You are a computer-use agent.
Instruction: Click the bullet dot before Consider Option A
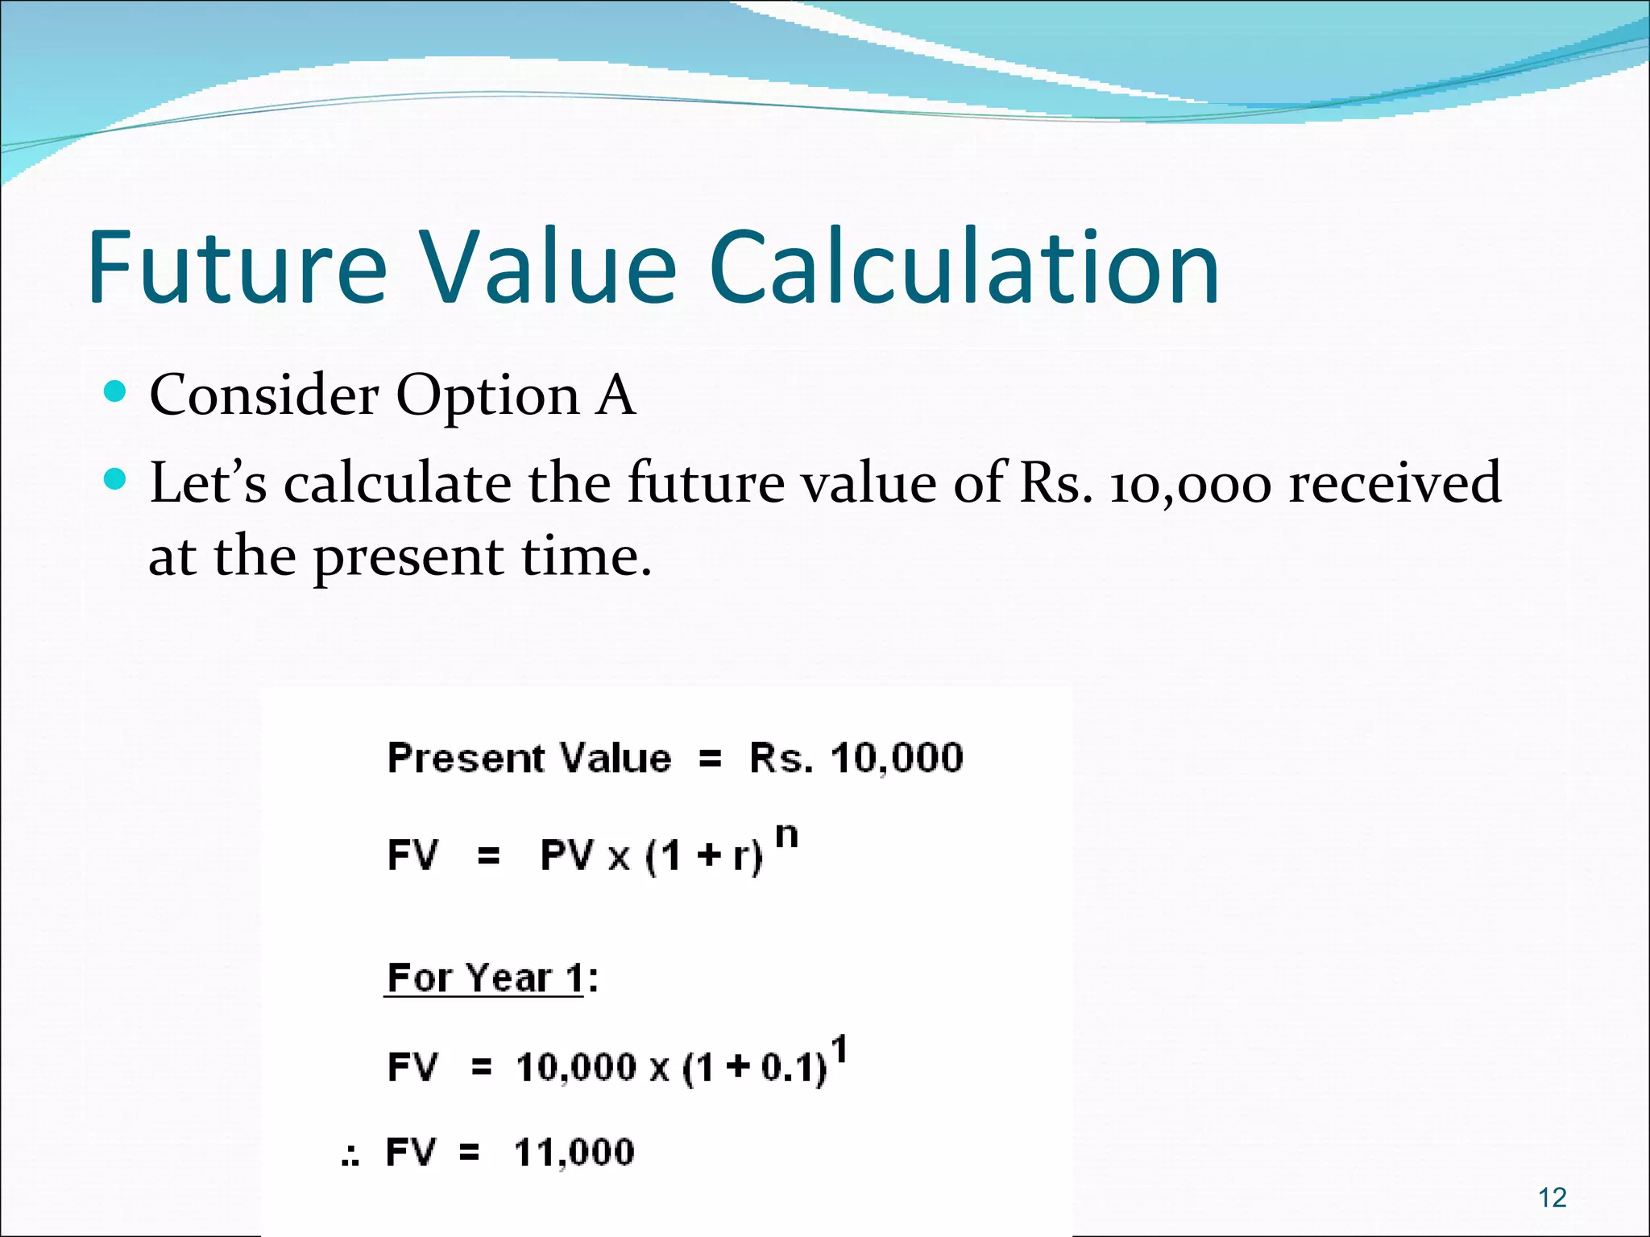point(117,393)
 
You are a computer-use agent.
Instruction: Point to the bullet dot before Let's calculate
point(117,480)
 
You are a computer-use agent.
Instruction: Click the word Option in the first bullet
point(487,396)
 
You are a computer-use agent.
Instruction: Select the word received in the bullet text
point(1395,483)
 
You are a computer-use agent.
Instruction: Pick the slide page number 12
point(1552,1198)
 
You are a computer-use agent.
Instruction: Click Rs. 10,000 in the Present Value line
point(856,758)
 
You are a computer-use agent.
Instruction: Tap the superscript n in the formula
point(786,838)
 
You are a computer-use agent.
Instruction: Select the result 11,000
point(574,1152)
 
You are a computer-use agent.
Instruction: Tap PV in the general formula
point(567,855)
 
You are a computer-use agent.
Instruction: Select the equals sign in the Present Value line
point(710,759)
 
